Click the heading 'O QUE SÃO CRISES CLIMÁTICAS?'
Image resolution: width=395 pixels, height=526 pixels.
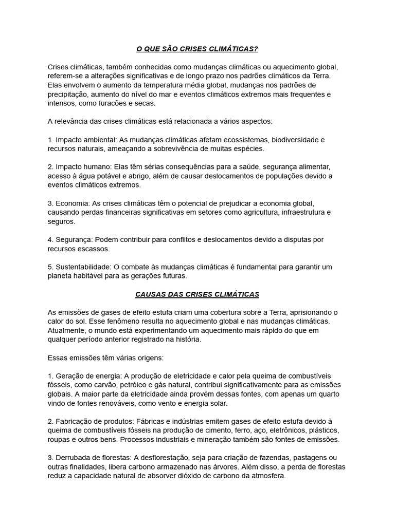click(197, 49)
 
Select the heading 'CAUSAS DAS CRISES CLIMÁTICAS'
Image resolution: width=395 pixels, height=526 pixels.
click(197, 294)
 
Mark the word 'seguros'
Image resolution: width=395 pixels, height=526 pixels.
click(61, 221)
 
